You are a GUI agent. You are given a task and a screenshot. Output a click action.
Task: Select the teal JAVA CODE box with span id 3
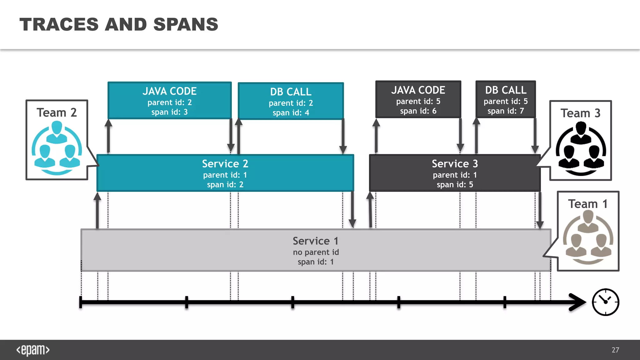[x=169, y=100]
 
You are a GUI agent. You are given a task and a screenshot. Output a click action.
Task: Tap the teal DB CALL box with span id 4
[x=291, y=101]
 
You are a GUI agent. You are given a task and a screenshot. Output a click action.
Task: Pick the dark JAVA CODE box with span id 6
[x=418, y=99]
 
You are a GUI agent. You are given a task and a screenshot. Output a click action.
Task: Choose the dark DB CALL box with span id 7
[x=506, y=99]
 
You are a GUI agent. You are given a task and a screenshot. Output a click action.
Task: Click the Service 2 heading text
[x=225, y=164]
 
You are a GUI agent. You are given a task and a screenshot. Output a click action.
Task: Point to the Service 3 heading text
[x=455, y=164]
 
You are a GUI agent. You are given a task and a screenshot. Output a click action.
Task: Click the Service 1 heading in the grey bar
[x=316, y=241]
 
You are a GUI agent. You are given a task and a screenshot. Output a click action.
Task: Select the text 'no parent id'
[x=316, y=252]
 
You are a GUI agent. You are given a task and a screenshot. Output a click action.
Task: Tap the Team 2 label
[x=57, y=112]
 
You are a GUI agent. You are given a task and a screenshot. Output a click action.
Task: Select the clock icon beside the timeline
[x=605, y=302]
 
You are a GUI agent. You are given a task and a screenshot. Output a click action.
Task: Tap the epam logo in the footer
[x=33, y=350]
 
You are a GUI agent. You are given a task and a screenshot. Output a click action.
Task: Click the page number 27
[x=615, y=350]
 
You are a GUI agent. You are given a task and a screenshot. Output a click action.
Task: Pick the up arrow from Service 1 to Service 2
[x=97, y=211]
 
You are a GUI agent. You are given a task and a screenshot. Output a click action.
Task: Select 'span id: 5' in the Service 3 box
[x=455, y=185]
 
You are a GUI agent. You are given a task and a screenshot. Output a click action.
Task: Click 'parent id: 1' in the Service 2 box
[x=225, y=175]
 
